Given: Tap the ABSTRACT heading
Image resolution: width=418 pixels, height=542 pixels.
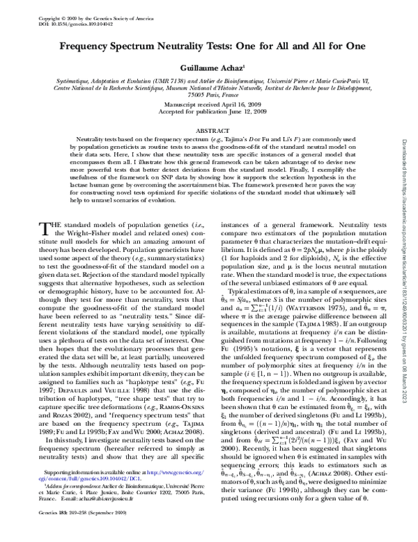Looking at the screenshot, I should pyautogui.click(x=209, y=129).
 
